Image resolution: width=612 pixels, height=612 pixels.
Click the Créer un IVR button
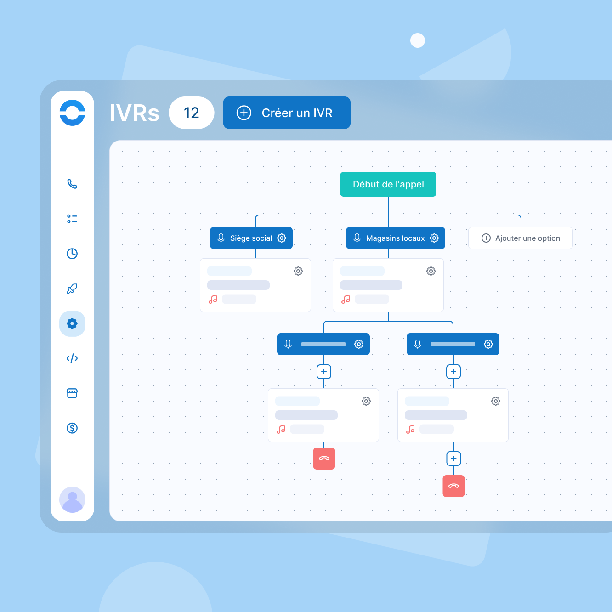coord(286,113)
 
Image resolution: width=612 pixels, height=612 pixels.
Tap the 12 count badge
coord(191,113)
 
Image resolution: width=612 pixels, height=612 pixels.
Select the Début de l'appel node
coord(388,184)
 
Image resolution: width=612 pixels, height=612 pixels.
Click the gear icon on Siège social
coord(281,238)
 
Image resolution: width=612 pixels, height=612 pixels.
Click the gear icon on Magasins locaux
coord(434,238)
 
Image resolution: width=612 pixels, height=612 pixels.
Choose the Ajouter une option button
coord(520,238)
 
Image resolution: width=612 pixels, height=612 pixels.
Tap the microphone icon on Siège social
coord(221,238)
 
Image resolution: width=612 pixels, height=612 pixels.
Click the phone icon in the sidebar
coord(72,184)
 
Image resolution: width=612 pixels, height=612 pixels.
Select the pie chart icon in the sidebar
coord(72,254)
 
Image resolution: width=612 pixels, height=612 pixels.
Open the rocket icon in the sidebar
coord(72,289)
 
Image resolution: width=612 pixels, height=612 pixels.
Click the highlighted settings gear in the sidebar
coord(72,323)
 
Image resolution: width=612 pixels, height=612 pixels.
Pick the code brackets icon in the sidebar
coord(72,358)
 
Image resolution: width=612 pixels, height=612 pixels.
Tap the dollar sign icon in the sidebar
coord(72,428)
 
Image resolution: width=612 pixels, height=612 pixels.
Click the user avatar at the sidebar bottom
coord(72,499)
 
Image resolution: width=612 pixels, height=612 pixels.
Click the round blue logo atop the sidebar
coord(72,113)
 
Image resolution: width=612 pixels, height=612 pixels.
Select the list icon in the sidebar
coord(72,219)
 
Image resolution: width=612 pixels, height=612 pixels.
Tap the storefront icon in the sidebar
coord(72,393)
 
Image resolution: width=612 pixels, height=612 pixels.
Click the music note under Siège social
coord(213,299)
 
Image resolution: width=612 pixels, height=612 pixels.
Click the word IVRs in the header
coord(134,113)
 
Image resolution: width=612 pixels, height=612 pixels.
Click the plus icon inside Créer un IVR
coord(244,113)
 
